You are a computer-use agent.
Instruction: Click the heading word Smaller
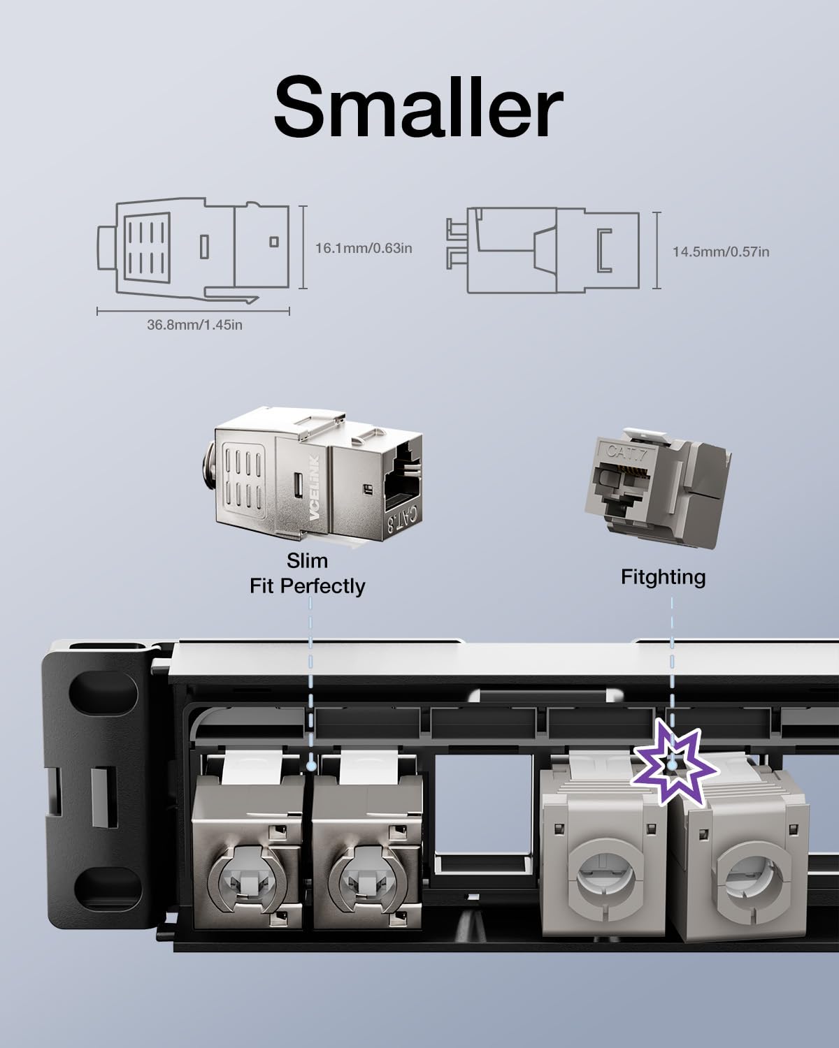click(418, 106)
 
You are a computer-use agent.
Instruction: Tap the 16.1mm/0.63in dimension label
click(363, 248)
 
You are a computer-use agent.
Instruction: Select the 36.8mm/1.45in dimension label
click(194, 325)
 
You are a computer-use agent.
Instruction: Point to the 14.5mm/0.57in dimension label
click(721, 252)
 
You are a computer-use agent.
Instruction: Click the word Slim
click(307, 561)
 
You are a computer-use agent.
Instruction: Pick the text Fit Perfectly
click(307, 585)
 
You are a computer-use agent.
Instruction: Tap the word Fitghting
click(663, 577)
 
